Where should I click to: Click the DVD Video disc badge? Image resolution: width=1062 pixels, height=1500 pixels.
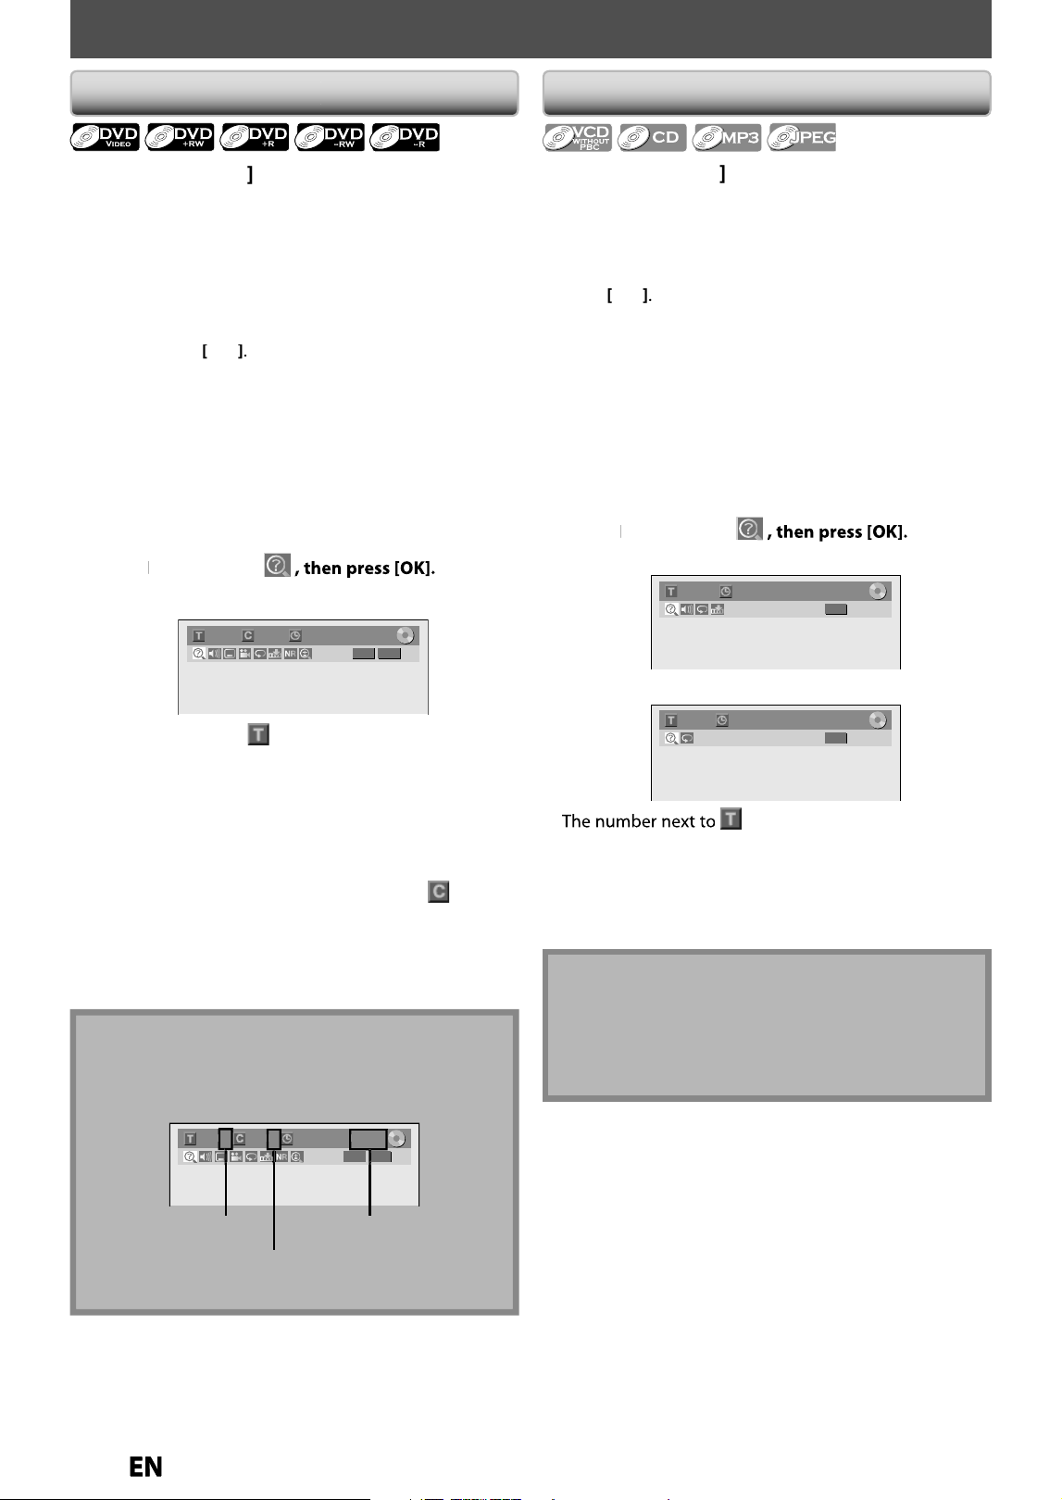pos(106,137)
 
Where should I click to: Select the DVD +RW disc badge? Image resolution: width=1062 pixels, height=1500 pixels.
pos(180,137)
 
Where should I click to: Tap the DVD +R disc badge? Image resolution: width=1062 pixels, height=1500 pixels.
pos(255,137)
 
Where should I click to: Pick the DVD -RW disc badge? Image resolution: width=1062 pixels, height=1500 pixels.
pos(330,137)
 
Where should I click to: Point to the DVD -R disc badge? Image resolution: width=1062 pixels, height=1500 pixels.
pos(405,137)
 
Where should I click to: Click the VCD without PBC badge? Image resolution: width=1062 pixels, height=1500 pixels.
pos(577,137)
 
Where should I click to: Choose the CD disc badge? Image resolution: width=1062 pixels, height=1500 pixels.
pos(652,137)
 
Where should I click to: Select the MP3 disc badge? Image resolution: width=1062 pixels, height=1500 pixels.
pos(727,137)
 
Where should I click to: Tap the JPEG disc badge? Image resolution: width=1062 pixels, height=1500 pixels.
pos(802,137)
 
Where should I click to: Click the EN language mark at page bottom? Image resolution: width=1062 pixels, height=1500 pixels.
pos(145,1467)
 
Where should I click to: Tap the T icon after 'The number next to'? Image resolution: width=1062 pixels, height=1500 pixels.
pos(731,819)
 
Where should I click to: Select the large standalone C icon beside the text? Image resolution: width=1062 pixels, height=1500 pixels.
pos(439,892)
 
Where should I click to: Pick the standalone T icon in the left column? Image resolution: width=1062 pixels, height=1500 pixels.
pos(258,734)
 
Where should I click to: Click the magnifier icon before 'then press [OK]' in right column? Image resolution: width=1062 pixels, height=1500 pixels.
pos(749,529)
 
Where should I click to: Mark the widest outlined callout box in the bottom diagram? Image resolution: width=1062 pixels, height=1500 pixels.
pos(368,1139)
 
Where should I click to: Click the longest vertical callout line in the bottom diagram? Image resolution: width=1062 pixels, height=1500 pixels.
pos(274,1199)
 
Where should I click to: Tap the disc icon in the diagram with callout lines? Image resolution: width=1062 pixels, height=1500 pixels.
pos(396,1138)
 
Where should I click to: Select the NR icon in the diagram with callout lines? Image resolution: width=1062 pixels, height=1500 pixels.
pos(281,1156)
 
